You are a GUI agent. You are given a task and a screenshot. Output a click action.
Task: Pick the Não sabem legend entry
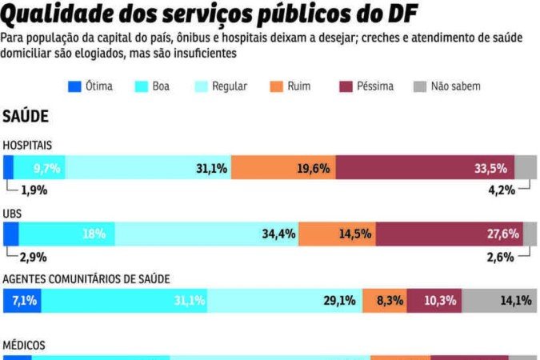(x=455, y=86)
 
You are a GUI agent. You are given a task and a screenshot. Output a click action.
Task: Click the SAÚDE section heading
(x=26, y=117)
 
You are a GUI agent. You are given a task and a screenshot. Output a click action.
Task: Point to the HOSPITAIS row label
(x=28, y=146)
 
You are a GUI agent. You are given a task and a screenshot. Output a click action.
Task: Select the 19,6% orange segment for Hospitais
(x=283, y=168)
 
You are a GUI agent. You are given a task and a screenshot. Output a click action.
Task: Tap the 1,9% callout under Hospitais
(x=34, y=190)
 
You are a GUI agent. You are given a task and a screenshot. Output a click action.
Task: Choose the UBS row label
(x=12, y=214)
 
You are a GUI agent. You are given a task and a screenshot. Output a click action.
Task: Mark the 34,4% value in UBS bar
(x=279, y=234)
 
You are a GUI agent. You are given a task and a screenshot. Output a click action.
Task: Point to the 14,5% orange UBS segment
(x=337, y=234)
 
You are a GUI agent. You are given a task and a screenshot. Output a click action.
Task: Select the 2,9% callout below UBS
(x=34, y=257)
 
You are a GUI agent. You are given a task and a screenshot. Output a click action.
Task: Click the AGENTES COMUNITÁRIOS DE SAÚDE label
(x=86, y=278)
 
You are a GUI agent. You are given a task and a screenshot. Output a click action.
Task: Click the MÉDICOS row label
(x=24, y=345)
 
